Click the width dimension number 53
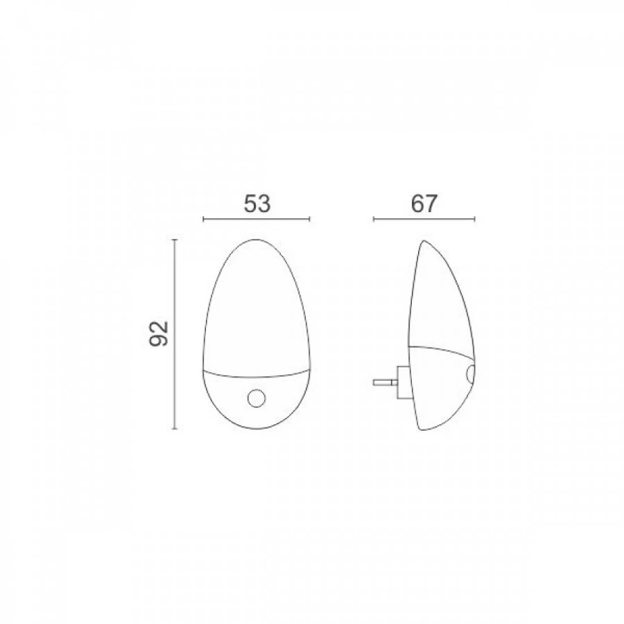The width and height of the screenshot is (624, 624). (x=257, y=203)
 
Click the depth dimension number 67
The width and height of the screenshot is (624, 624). (x=424, y=203)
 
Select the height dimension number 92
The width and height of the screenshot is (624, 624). (x=158, y=333)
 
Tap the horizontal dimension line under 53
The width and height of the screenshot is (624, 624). (x=256, y=219)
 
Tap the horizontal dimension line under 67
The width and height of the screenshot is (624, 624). (x=424, y=219)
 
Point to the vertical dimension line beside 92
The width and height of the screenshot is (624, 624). (x=174, y=334)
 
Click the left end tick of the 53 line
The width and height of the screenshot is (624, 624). (x=203, y=219)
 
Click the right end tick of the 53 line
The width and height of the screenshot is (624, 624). (x=310, y=219)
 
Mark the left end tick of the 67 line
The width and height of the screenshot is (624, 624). (x=374, y=219)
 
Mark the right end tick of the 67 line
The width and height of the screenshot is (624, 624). (x=475, y=219)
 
